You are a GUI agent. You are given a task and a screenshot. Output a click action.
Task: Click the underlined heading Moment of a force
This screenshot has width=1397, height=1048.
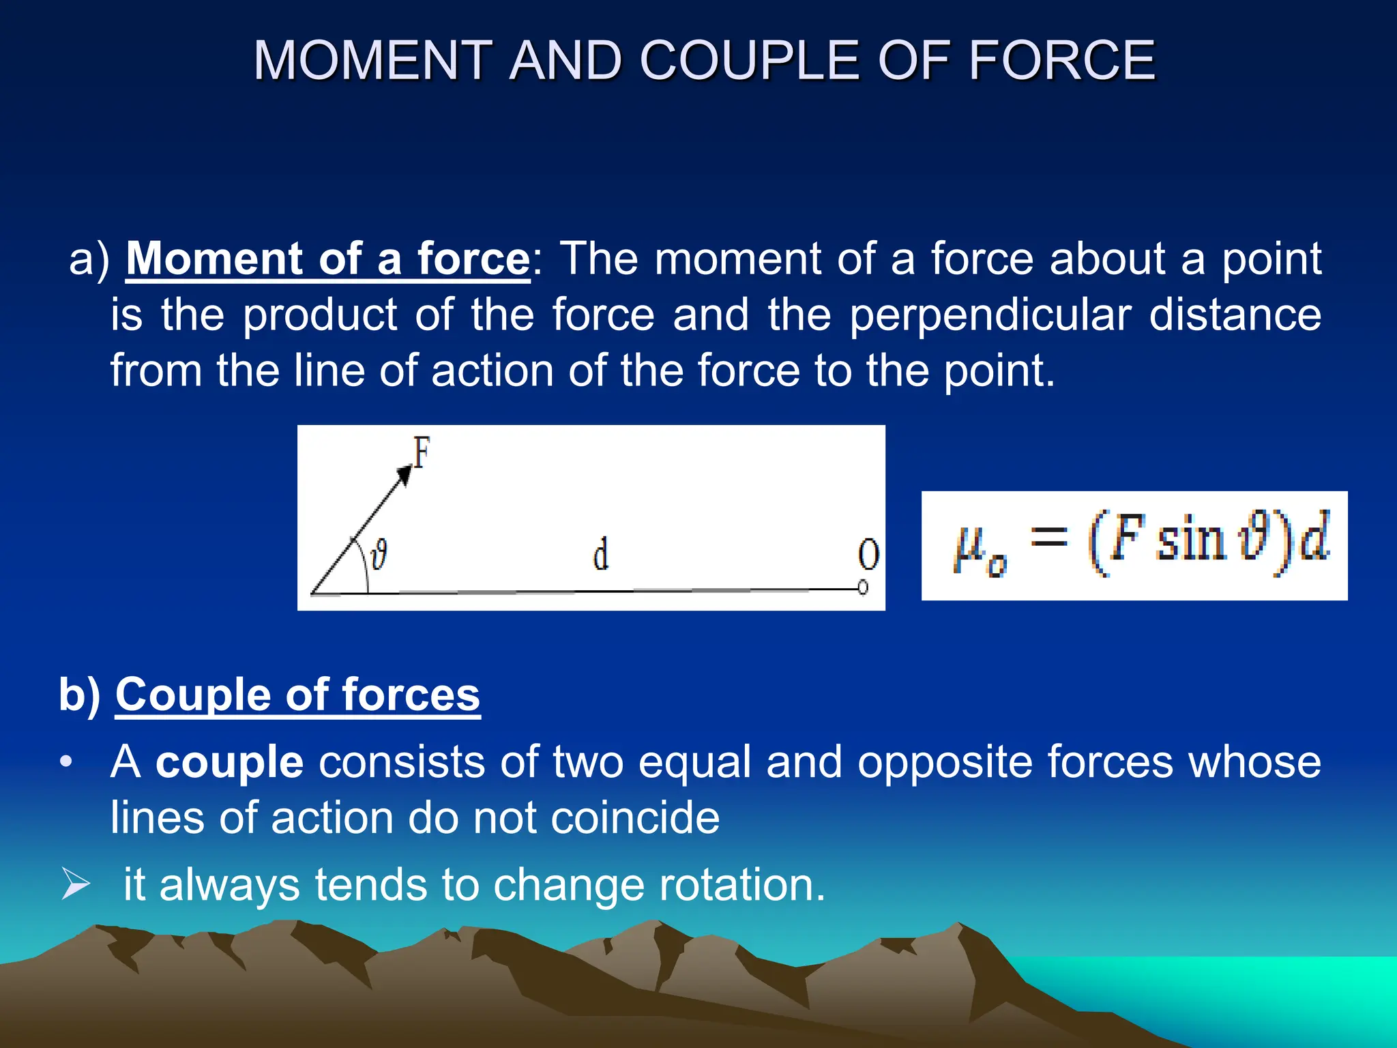pos(327,259)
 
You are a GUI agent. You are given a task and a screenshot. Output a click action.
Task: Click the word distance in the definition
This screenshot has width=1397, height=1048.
pos(1235,315)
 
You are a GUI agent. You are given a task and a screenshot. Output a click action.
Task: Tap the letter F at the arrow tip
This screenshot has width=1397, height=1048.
pos(422,452)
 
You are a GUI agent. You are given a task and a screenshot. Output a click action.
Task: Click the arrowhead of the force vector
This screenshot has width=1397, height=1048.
pos(405,475)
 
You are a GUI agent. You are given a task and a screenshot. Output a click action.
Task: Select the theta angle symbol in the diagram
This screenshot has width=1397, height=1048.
pos(379,553)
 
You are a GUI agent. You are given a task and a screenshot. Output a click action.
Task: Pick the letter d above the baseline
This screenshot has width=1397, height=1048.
pos(600,554)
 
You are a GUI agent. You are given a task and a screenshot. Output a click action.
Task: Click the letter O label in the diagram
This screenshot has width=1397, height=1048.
pos(868,555)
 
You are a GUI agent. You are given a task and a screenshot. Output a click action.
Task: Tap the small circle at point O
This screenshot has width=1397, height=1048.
pos(863,587)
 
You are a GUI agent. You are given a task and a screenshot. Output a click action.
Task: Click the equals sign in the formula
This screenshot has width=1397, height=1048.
pos(1048,537)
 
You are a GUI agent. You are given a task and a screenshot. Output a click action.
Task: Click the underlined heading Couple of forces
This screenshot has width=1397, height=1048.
pos(297,695)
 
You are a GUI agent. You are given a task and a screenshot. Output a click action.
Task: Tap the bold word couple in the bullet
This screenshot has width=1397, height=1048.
pos(229,762)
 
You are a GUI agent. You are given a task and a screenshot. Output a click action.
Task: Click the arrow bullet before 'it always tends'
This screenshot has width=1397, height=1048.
pos(75,884)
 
